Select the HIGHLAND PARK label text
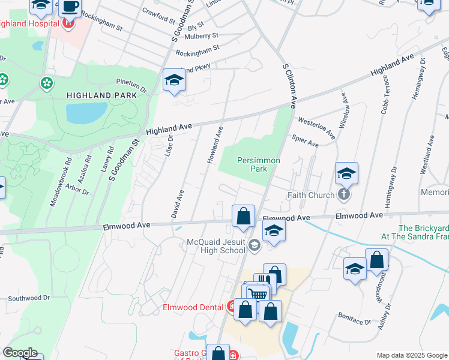(x=97, y=95)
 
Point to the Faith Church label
(x=310, y=195)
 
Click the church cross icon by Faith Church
(x=343, y=194)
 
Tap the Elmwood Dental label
(x=193, y=308)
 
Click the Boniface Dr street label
(x=354, y=321)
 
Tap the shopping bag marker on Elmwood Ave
(x=243, y=217)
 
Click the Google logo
(x=20, y=353)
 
